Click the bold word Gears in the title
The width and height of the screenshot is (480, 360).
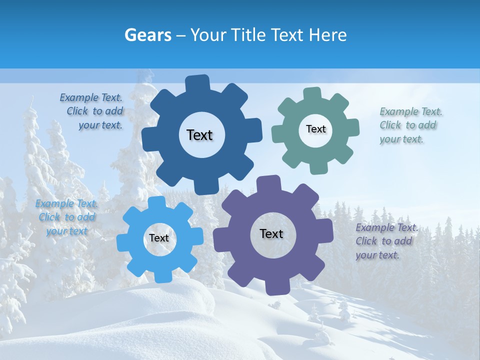(x=147, y=35)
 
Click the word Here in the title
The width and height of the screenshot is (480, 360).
(x=328, y=35)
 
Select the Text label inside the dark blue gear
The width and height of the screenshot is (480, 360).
(x=199, y=135)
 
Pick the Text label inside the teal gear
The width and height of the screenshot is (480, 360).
(x=315, y=129)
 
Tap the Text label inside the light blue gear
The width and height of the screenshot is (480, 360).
(x=159, y=238)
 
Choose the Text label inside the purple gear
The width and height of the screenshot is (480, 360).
(x=271, y=234)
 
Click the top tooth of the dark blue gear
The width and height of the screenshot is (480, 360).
(x=197, y=83)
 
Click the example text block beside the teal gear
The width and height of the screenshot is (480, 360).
(x=408, y=125)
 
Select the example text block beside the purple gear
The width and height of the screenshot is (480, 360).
(x=385, y=241)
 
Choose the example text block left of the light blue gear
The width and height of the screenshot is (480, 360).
(x=66, y=217)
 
